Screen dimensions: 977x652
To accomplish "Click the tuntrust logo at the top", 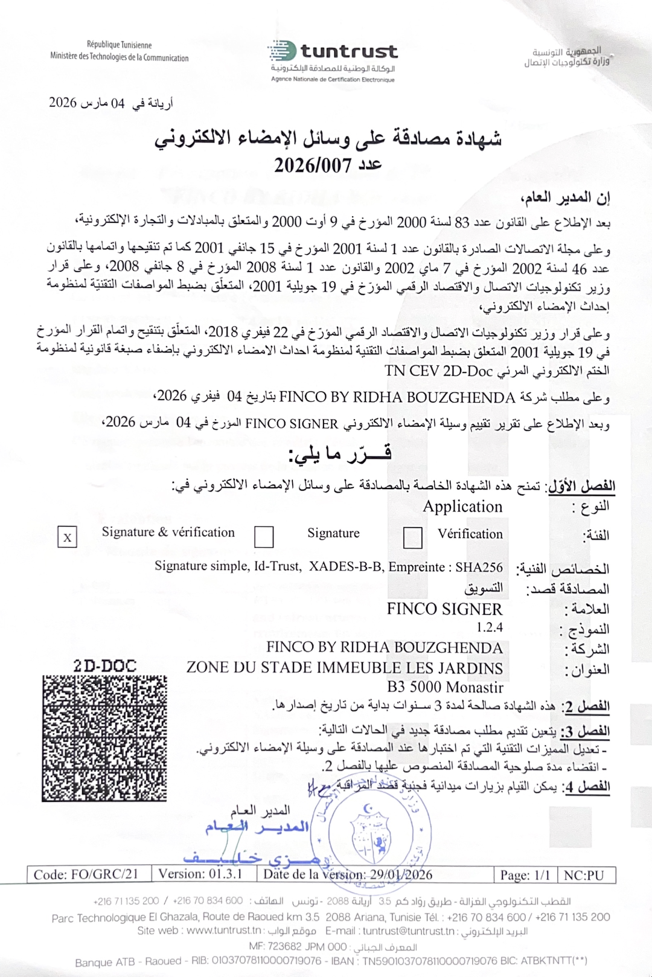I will [x=333, y=53].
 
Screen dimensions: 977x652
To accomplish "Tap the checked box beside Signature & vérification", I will [x=67, y=537].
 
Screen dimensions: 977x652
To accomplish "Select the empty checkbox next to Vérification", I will [x=412, y=537].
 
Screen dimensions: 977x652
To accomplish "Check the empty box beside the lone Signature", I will [x=264, y=536].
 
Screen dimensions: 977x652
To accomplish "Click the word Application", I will [x=462, y=507].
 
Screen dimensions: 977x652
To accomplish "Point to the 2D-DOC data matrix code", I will [x=104, y=738].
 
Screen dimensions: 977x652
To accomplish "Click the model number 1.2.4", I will [x=489, y=627].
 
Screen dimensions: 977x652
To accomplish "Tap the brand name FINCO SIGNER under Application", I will [x=444, y=609].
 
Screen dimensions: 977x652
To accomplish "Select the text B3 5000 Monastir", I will [x=445, y=687].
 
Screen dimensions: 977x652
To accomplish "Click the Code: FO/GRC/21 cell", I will [x=86, y=874].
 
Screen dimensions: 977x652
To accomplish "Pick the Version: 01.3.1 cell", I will [x=200, y=874].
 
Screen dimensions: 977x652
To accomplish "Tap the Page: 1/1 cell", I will [x=525, y=875].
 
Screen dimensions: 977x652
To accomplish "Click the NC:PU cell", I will [x=583, y=875].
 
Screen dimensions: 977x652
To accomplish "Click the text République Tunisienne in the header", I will [x=119, y=45].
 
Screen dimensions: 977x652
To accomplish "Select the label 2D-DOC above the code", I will [x=104, y=666].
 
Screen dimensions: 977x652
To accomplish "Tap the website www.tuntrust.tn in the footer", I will [x=224, y=931].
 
